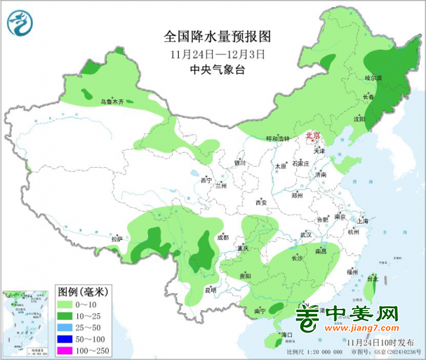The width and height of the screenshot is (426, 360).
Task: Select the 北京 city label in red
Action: (313, 135)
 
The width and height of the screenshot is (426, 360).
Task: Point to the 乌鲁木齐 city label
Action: (111, 102)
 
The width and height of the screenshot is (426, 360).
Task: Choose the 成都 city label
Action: (222, 237)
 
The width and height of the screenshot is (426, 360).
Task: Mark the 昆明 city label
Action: (210, 289)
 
